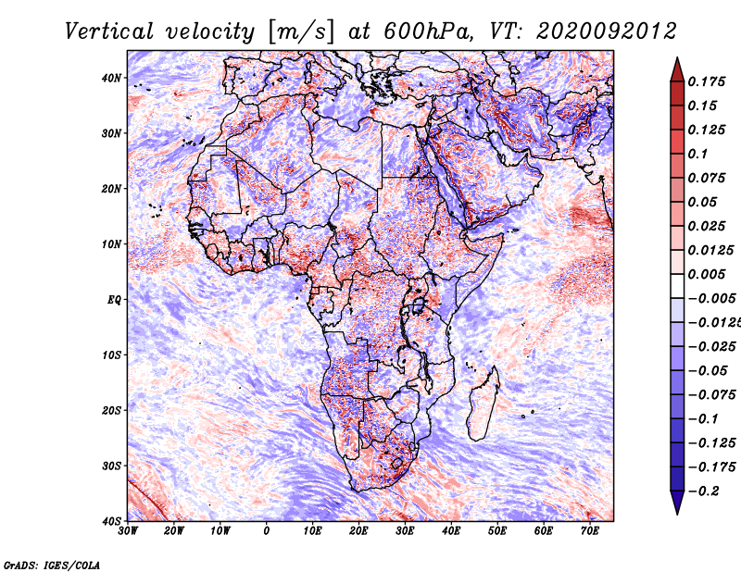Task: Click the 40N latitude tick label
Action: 111,78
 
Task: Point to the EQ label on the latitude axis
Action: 113,299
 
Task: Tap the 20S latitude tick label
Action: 111,410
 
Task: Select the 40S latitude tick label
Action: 111,520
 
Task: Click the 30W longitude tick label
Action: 128,531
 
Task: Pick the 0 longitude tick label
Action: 267,531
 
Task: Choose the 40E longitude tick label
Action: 451,531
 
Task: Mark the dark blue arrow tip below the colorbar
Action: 676,505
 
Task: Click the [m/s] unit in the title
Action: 295,31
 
